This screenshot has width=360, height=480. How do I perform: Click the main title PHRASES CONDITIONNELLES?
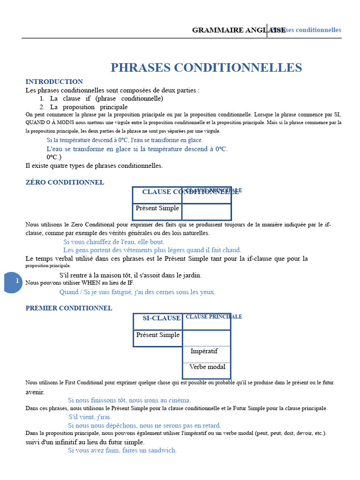pos(206,67)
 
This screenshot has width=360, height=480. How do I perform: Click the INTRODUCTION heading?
pos(54,82)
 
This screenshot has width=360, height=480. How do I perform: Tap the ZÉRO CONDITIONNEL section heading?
pos(65,182)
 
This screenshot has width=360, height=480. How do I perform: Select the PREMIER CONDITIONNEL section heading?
pos(68,308)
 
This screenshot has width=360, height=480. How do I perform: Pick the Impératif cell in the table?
pos(204,351)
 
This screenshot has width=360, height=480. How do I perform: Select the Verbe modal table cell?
pos(207,367)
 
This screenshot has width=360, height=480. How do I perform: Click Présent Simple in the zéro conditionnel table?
pos(157,208)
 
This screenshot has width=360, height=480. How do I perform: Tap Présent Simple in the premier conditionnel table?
pos(157,335)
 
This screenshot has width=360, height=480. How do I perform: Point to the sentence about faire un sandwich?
pos(122,450)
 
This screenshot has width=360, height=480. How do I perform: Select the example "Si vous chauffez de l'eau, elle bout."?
pos(114,242)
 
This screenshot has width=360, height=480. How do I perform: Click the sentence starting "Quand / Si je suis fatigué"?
pos(137,292)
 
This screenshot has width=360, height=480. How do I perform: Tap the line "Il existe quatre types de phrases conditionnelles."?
pos(94,165)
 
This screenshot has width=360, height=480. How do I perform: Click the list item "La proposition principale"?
pos(89,107)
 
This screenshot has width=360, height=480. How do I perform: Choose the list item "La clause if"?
pos(106,98)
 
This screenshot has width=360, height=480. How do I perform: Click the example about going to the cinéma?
pos(129,400)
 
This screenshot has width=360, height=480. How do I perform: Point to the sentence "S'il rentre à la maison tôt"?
pos(130,275)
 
